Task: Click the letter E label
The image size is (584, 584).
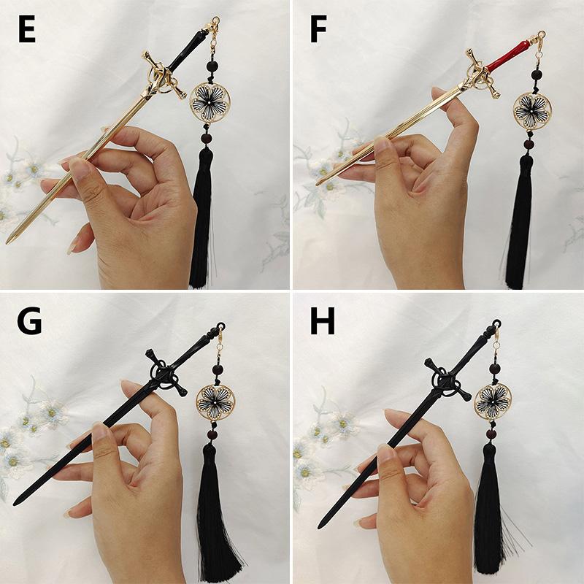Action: (27, 29)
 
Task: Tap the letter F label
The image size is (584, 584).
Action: (318, 29)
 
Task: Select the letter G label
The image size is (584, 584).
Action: (29, 320)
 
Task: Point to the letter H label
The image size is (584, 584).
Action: (323, 320)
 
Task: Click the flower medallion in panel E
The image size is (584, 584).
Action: (210, 101)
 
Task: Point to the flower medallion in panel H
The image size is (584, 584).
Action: (492, 401)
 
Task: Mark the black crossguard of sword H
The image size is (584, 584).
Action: (446, 380)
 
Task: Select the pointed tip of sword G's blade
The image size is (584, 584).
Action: (15, 504)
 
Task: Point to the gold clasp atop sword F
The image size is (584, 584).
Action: (541, 39)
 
